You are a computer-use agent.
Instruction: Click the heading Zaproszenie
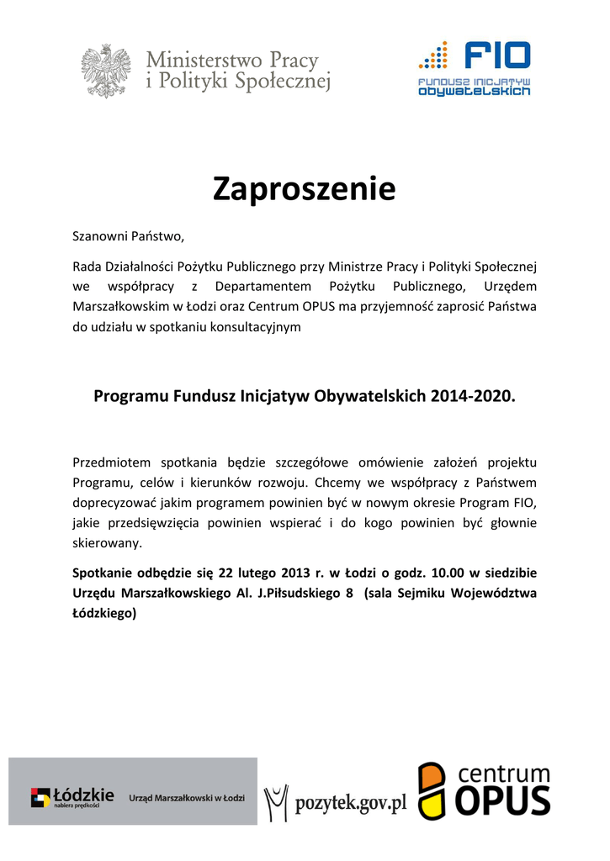pyautogui.click(x=304, y=189)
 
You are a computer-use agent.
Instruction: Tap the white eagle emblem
pyautogui.click(x=106, y=71)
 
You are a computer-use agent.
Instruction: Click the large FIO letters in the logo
pyautogui.click(x=497, y=56)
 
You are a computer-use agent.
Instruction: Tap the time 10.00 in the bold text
pyautogui.click(x=447, y=573)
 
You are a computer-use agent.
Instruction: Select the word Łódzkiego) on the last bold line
pyautogui.click(x=105, y=613)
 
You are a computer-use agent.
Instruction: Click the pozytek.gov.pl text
pyautogui.click(x=350, y=804)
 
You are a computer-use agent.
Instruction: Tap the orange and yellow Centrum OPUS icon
pyautogui.click(x=433, y=790)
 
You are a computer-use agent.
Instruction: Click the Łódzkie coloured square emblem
pyautogui.click(x=40, y=797)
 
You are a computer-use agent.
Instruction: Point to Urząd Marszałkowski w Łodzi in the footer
pyautogui.click(x=187, y=797)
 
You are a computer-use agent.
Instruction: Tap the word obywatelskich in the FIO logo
pyautogui.click(x=475, y=91)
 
